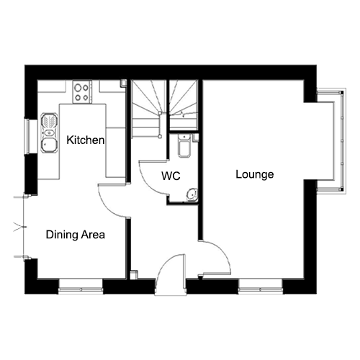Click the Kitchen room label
(x=86, y=140)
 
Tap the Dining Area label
(x=76, y=235)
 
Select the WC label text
(x=171, y=176)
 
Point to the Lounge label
(x=255, y=174)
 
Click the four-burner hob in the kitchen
(x=82, y=92)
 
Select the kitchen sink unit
(x=49, y=133)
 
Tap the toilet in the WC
(x=184, y=145)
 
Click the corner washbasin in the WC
(x=192, y=194)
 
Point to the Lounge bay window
(x=332, y=141)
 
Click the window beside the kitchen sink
(x=27, y=136)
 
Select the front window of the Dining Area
(x=81, y=287)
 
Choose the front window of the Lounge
(x=261, y=287)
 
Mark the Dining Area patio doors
(x=22, y=227)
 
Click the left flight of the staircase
(x=147, y=109)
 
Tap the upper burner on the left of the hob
(x=77, y=88)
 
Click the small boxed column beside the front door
(x=134, y=275)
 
